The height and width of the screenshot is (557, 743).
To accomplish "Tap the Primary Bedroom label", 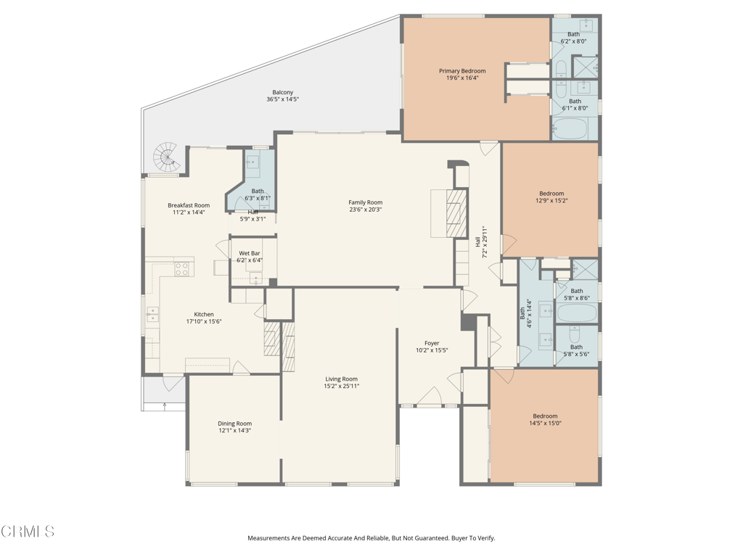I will point(462,71).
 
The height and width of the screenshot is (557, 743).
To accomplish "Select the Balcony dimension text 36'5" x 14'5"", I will point(282,99).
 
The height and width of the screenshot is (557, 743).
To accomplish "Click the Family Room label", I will point(365,202).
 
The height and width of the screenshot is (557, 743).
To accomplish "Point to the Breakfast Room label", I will point(189,205).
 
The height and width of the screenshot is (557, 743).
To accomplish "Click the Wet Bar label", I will point(250,253).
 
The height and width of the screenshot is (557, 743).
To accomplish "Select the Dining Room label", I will point(234,424).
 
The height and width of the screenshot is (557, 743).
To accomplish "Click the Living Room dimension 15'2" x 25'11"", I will point(341,387).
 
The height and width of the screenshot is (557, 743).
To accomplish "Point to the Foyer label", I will point(432,343).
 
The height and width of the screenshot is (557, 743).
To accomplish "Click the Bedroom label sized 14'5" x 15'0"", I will point(545,416).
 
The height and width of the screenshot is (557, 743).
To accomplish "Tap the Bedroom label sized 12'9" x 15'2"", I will point(551,193).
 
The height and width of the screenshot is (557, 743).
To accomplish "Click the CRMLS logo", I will point(28,532).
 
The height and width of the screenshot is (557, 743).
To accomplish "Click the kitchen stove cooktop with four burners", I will point(182,269).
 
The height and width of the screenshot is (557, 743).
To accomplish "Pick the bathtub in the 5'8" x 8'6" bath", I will point(576,314).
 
